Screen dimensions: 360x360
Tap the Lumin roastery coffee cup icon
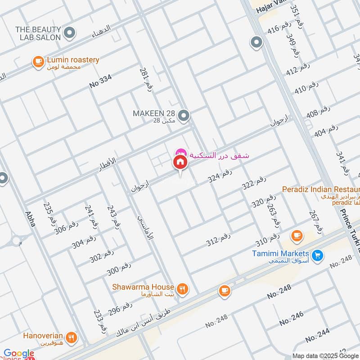[x=38, y=62]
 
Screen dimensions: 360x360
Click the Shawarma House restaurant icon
[x=182, y=289]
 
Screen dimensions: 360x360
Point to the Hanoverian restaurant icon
[x=71, y=337]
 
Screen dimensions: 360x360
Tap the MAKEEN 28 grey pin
[x=183, y=117]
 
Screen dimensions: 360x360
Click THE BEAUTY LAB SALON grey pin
[x=70, y=33]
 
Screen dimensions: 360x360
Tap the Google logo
[x=19, y=354]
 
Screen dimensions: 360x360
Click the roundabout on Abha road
[x=17, y=241]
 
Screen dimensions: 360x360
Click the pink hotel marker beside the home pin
[x=180, y=152]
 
